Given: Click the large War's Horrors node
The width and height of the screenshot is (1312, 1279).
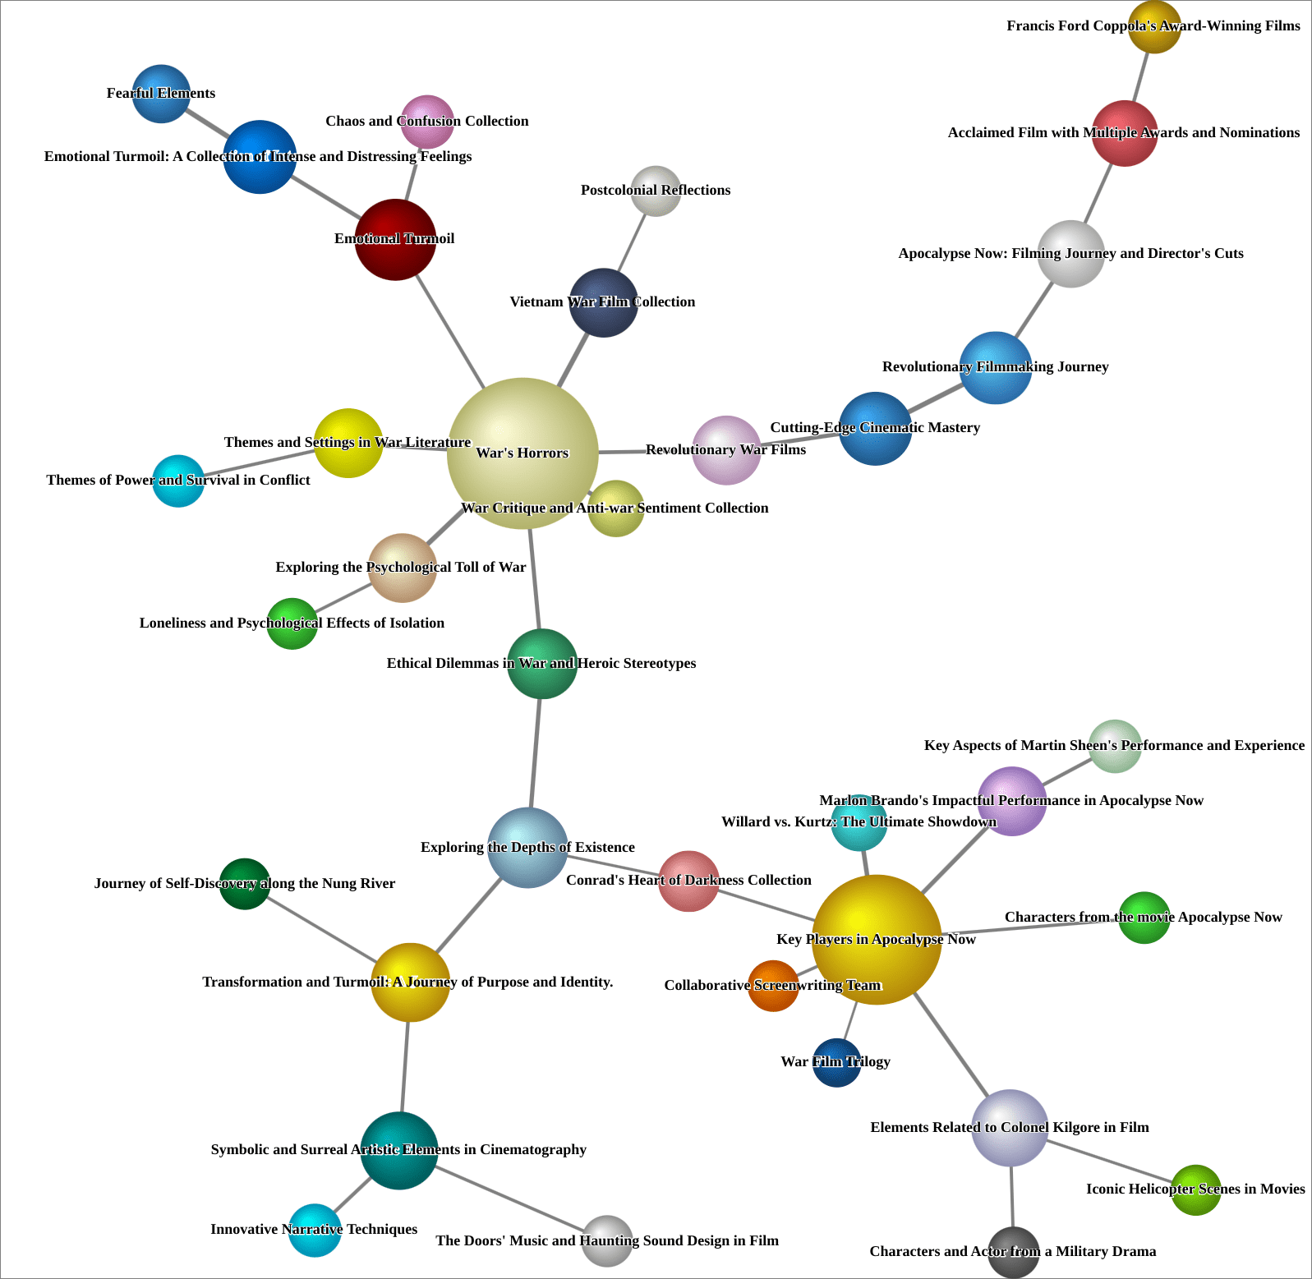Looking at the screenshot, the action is pyautogui.click(x=522, y=453).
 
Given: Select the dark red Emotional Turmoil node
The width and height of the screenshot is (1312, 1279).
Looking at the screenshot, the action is pyautogui.click(x=395, y=239).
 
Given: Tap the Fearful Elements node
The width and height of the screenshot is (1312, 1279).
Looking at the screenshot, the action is pyautogui.click(x=161, y=94).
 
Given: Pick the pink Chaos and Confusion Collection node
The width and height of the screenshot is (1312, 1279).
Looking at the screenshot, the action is pyautogui.click(x=427, y=122).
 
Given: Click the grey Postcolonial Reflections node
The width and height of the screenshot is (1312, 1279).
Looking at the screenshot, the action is pyautogui.click(x=656, y=191).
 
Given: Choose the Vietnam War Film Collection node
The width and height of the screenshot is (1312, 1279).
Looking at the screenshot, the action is pyautogui.click(x=604, y=302).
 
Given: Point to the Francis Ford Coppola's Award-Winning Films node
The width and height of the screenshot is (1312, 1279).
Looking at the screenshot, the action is pyautogui.click(x=1154, y=26).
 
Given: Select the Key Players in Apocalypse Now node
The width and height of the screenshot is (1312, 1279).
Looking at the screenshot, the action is pyautogui.click(x=876, y=939).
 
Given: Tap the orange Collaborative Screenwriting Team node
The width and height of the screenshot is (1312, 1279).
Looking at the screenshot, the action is pyautogui.click(x=773, y=986).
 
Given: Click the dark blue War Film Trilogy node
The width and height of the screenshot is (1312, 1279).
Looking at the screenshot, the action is pyautogui.click(x=836, y=1062).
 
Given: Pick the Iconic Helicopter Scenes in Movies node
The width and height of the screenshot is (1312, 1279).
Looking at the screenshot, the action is pyautogui.click(x=1196, y=1189).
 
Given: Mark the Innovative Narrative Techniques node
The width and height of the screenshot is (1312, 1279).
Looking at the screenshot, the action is pyautogui.click(x=315, y=1230).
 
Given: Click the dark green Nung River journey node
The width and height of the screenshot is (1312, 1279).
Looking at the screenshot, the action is pyautogui.click(x=245, y=884).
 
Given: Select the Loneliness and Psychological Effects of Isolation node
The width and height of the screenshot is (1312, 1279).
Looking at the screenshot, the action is pyautogui.click(x=292, y=623).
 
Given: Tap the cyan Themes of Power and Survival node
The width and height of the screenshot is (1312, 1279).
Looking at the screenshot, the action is pyautogui.click(x=178, y=481).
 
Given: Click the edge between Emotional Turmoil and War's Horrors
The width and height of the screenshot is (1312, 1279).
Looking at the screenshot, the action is pyautogui.click(x=450, y=332).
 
